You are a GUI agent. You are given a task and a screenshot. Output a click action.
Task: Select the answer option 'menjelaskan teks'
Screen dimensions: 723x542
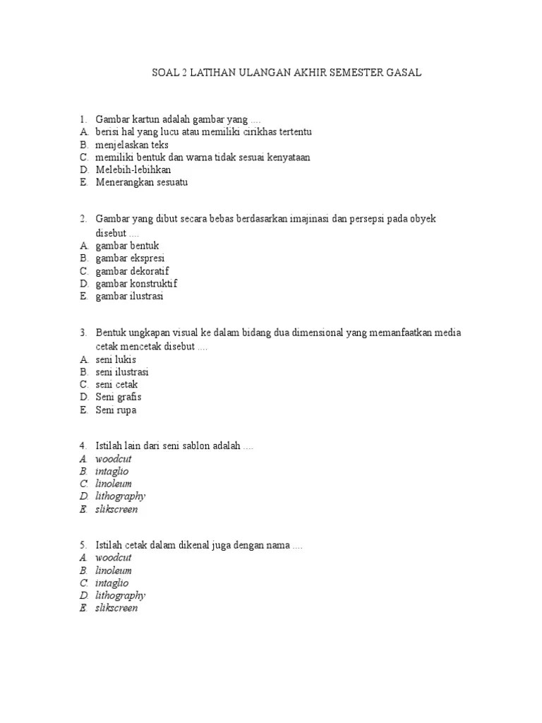click(132, 145)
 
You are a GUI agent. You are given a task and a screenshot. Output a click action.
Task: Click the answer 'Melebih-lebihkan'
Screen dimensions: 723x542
click(133, 170)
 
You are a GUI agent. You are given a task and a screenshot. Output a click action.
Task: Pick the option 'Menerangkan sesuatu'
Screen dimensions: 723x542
click(142, 183)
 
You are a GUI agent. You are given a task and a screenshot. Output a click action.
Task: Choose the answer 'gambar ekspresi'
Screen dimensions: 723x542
click(130, 258)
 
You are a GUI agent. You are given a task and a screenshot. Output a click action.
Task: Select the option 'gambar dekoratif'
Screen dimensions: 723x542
click(132, 271)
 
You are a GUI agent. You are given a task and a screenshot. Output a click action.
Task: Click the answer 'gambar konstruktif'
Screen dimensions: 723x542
click(136, 284)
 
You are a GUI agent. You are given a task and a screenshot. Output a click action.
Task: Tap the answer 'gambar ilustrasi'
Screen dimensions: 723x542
click(129, 297)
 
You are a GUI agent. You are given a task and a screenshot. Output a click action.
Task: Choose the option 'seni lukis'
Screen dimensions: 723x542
click(116, 359)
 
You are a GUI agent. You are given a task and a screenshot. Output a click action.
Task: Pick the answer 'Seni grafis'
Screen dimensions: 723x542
click(119, 398)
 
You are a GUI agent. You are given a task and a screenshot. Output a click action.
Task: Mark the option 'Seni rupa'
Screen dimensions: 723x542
click(116, 410)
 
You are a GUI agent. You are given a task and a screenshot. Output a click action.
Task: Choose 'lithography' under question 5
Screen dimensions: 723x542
click(121, 595)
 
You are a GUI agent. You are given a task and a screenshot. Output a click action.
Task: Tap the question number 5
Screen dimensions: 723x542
click(83, 545)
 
